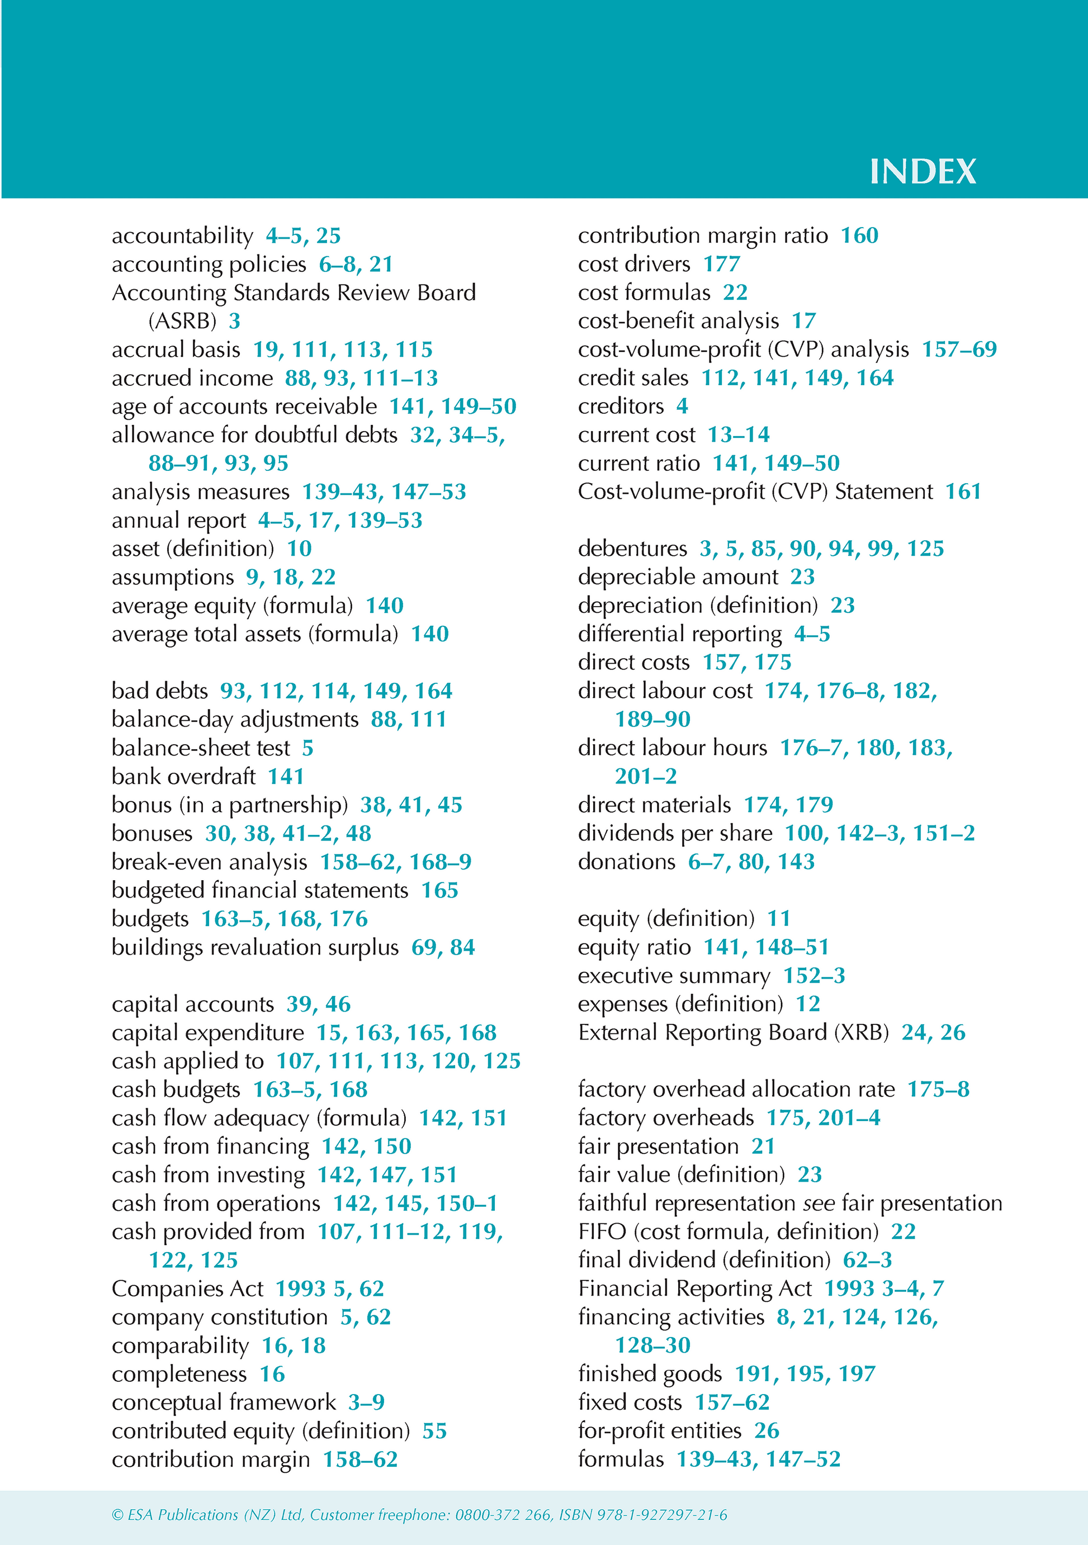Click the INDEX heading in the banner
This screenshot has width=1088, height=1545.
[923, 172]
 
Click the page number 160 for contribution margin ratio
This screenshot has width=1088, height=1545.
[859, 235]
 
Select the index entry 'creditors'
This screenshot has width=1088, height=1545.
[621, 407]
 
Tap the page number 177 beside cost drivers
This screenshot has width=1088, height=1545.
[721, 264]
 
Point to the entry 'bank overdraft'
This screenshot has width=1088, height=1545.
[183, 777]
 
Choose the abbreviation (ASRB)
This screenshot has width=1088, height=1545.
[182, 321]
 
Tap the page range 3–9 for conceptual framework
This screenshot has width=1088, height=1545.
[366, 1402]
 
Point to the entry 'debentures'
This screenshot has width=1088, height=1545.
[632, 549]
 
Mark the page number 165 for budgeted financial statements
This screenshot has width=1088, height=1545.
[439, 890]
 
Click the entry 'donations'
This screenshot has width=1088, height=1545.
[626, 862]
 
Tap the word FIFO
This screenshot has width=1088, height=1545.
[602, 1231]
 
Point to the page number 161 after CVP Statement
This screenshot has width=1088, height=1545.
[963, 492]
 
